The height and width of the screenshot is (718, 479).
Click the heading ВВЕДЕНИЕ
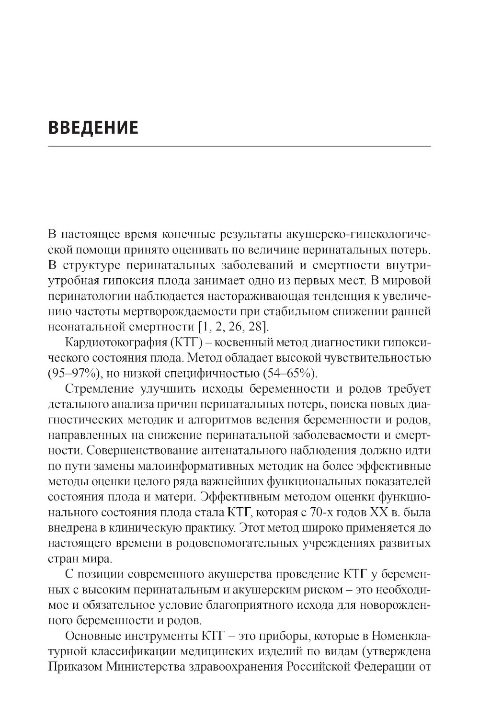point(93,128)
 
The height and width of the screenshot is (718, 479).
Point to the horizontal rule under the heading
point(239,146)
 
